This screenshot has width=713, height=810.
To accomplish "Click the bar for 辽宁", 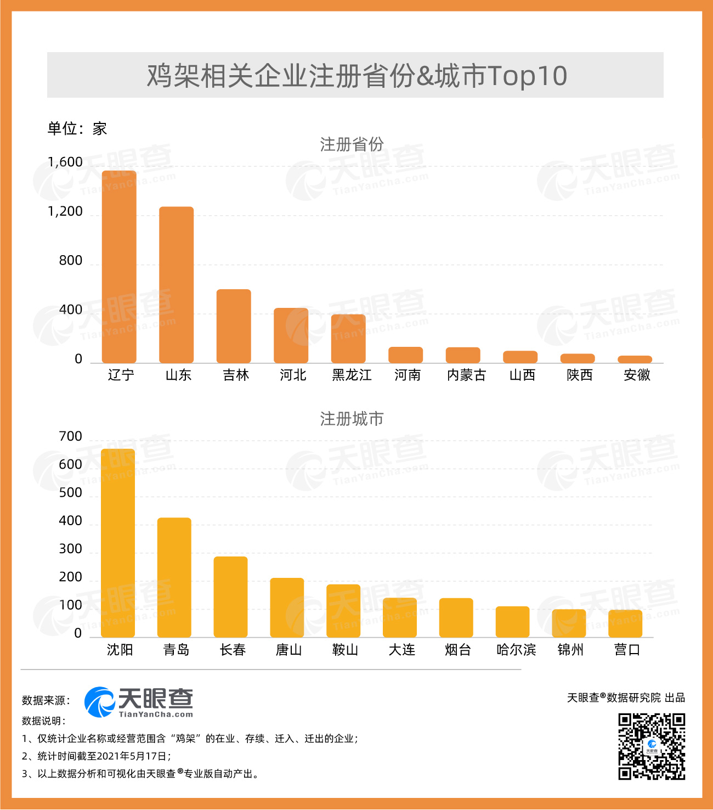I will tap(119, 267).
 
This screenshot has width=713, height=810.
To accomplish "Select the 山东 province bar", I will tap(176, 285).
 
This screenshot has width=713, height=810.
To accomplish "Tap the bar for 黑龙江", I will tap(348, 339).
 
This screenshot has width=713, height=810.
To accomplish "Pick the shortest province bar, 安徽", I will tap(635, 359).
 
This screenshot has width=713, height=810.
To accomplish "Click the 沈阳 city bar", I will tap(118, 543).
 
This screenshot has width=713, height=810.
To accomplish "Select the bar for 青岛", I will tap(174, 577).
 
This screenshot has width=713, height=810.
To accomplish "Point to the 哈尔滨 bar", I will tap(512, 622).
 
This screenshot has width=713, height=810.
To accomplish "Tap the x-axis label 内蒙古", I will tap(466, 375).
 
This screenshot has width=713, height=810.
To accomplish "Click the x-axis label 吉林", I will tap(236, 375).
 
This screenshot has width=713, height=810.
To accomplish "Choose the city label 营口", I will tap(627, 650).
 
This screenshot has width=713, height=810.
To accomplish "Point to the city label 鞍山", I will tap(345, 650).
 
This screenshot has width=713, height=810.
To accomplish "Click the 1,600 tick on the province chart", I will tap(65, 162).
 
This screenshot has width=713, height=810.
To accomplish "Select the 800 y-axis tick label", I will tap(70, 261).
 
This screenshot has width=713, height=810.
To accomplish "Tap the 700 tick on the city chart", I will tap(70, 437).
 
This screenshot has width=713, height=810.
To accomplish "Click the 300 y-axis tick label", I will tap(70, 549).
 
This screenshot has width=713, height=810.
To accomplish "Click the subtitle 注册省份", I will tap(352, 145).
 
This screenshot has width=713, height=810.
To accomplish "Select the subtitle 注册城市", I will tap(352, 419).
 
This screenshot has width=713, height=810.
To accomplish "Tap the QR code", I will tap(652, 746).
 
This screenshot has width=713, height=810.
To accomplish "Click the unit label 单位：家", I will tap(77, 129).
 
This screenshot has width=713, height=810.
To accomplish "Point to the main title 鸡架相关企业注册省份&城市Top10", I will tap(356, 76).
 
